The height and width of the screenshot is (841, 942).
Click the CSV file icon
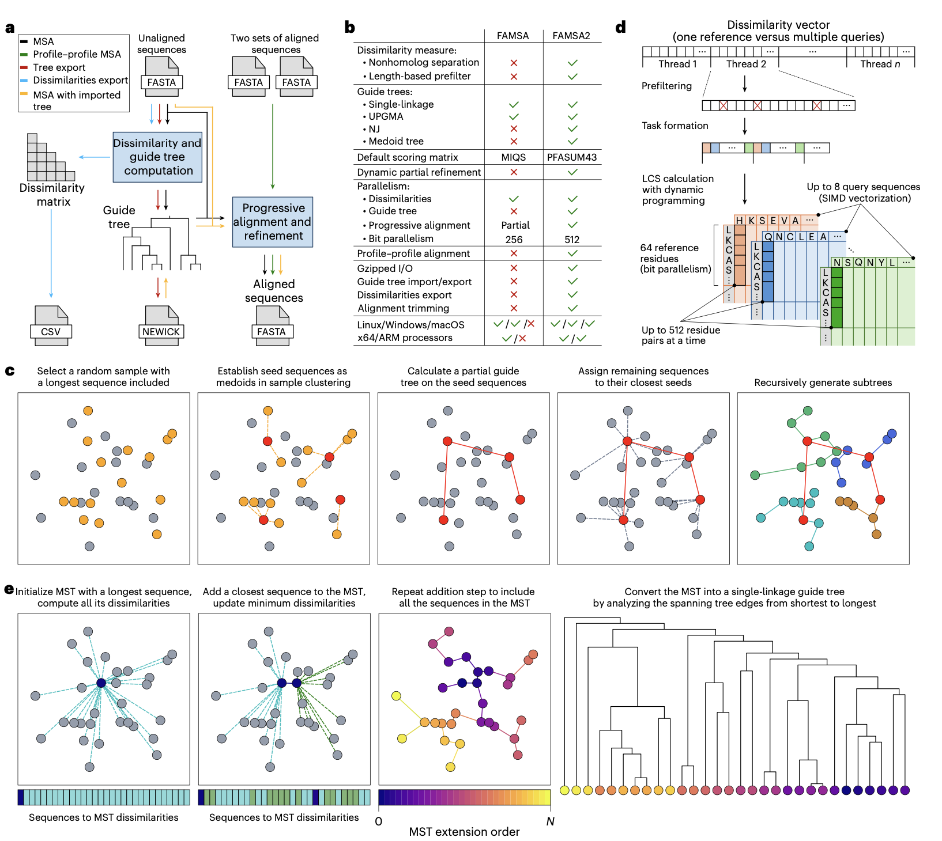(51, 326)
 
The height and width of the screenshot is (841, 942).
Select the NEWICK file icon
(161, 326)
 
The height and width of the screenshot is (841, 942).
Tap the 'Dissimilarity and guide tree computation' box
(157, 157)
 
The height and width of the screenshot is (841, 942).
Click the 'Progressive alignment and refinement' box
(273, 222)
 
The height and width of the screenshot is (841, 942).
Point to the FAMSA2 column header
(571, 36)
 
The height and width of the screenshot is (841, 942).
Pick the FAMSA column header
(513, 36)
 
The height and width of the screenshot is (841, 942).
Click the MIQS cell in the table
(513, 157)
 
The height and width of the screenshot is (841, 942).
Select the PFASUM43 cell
(571, 157)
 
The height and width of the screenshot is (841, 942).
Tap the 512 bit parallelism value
(572, 240)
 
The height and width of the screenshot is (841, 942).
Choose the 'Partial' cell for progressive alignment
(515, 225)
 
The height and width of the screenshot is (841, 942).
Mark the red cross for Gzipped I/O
(514, 268)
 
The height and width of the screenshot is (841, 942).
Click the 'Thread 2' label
(746, 64)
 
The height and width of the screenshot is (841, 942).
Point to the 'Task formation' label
(675, 126)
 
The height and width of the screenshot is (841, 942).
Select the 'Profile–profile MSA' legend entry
(77, 54)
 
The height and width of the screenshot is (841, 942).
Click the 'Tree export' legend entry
(59, 67)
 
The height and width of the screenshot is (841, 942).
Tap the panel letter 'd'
(620, 27)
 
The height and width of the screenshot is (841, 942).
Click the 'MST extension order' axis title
(464, 832)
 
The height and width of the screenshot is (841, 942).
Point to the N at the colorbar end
(550, 821)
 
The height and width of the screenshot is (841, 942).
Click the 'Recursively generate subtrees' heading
(823, 382)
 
